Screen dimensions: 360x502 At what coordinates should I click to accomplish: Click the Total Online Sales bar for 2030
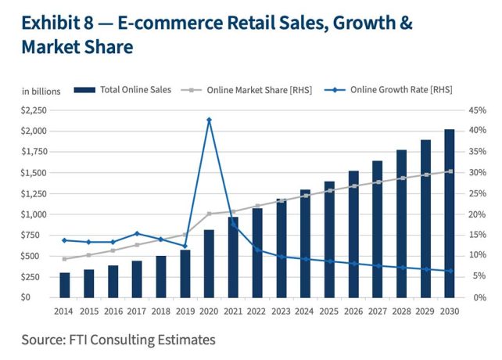tap(450, 213)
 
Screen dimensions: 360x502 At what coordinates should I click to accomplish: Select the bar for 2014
tap(64, 285)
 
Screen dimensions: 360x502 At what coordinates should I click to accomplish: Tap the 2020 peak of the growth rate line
tap(209, 120)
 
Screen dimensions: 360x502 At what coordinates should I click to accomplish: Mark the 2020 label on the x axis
tap(209, 311)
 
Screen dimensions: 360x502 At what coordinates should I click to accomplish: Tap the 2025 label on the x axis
tap(329, 311)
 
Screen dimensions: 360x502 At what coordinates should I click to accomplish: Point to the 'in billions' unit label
tap(40, 91)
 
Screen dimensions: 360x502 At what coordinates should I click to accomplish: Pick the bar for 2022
tap(256, 252)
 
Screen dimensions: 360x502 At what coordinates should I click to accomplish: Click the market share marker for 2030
tap(450, 171)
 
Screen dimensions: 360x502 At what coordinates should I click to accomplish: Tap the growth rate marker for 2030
tap(450, 271)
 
